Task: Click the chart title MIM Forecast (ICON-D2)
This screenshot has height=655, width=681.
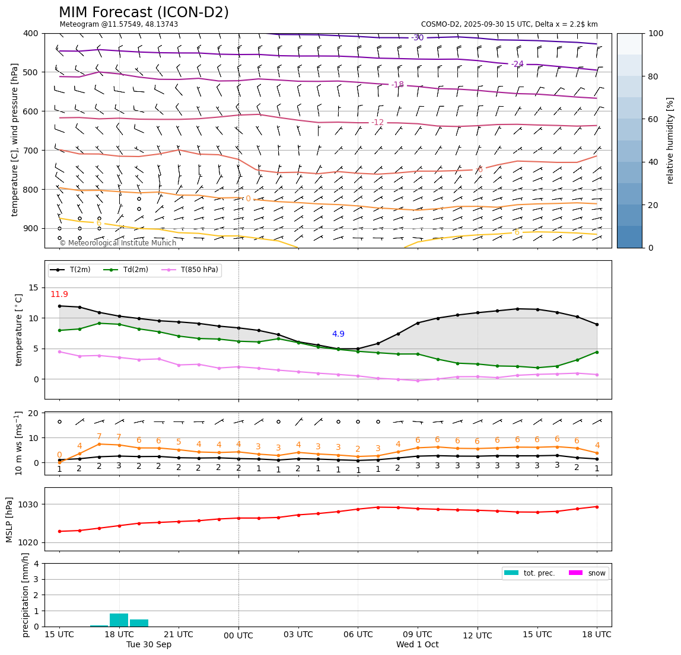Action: click(x=144, y=12)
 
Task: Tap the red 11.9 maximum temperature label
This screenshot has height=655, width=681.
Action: click(x=59, y=295)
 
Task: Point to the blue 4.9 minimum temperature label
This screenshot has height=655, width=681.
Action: click(x=338, y=334)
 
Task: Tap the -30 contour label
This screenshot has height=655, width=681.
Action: click(x=418, y=37)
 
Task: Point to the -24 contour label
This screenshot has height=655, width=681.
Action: click(x=517, y=64)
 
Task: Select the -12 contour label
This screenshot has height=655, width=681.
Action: click(x=377, y=123)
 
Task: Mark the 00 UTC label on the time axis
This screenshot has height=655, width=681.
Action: click(x=238, y=636)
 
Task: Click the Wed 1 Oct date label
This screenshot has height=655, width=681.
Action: click(x=418, y=645)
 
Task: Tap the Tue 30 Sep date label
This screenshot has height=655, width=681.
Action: click(x=149, y=645)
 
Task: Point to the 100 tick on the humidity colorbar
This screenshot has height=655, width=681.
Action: click(x=655, y=33)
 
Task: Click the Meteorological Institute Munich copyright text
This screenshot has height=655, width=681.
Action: click(x=118, y=243)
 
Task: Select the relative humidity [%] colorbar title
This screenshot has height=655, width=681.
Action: click(x=670, y=140)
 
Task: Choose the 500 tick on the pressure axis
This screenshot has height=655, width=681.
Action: click(x=30, y=72)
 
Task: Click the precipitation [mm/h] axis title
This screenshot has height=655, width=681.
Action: click(x=26, y=595)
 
